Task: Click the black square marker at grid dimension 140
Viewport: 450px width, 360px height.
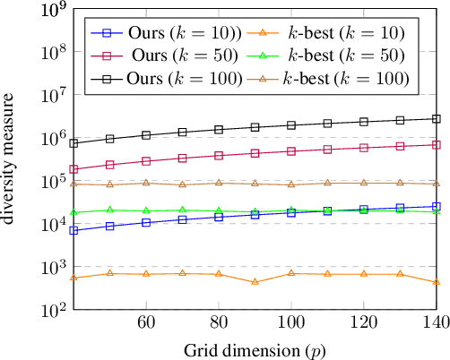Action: pos(437,118)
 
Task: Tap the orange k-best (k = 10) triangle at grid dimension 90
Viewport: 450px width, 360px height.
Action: pos(255,281)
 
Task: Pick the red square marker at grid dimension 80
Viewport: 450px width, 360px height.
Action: pos(219,155)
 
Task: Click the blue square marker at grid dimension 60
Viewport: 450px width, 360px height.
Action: pos(146,222)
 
